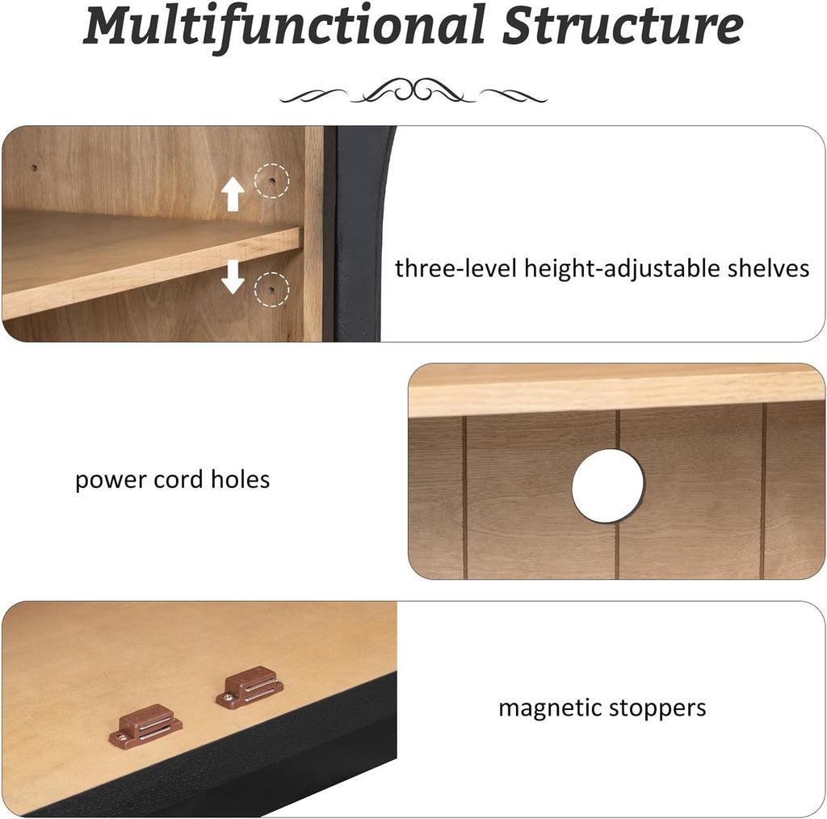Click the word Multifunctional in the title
(x=284, y=27)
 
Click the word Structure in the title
(x=623, y=25)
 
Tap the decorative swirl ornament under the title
(x=413, y=90)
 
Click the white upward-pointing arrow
(x=233, y=194)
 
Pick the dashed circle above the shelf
(x=271, y=180)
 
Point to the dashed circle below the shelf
(x=271, y=289)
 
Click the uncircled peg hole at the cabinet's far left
(x=34, y=169)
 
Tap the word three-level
(x=455, y=268)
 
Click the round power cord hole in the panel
(x=608, y=485)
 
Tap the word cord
(x=178, y=480)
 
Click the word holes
(x=240, y=480)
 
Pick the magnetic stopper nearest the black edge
(x=146, y=725)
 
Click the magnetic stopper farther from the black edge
(x=250, y=687)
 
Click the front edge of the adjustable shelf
(x=153, y=275)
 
